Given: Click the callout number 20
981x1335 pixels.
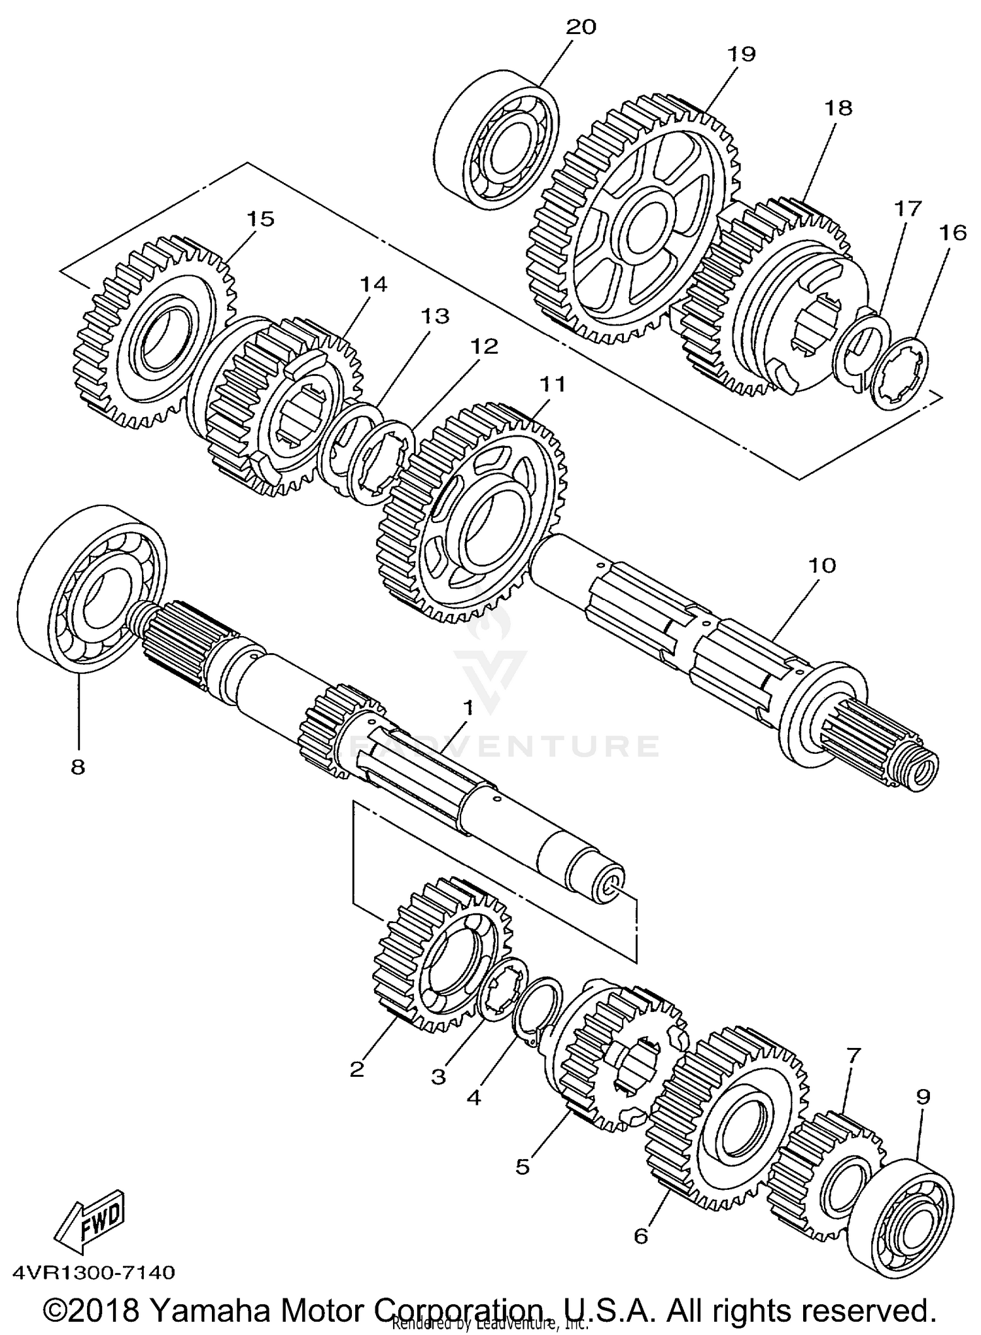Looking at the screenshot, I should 581,27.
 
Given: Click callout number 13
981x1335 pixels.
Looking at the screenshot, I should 435,316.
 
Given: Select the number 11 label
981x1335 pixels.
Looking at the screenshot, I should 551,384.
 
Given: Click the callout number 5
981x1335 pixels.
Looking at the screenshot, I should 522,1166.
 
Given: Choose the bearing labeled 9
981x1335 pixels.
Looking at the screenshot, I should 903,1223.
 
